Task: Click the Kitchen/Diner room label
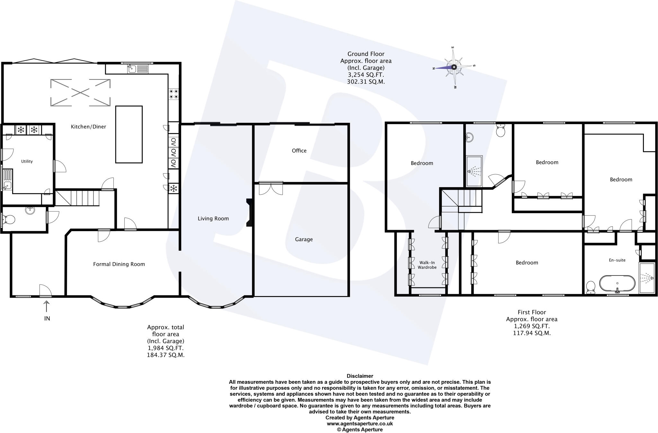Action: (x=88, y=127)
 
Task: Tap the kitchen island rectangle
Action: (x=129, y=134)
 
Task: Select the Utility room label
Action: (x=27, y=161)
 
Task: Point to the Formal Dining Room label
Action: (x=119, y=264)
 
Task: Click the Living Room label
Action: (x=213, y=219)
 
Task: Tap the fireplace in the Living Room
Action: (x=249, y=213)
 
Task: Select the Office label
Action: (x=299, y=150)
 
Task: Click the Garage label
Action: (x=304, y=239)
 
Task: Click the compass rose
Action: (x=454, y=67)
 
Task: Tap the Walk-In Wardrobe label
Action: (x=427, y=265)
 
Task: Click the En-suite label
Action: (x=617, y=260)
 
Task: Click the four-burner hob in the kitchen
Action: (x=174, y=94)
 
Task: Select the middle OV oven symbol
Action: (x=173, y=152)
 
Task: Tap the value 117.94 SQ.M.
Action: (x=532, y=333)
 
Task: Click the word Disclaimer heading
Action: (x=360, y=376)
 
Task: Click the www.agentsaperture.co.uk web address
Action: (x=360, y=424)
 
